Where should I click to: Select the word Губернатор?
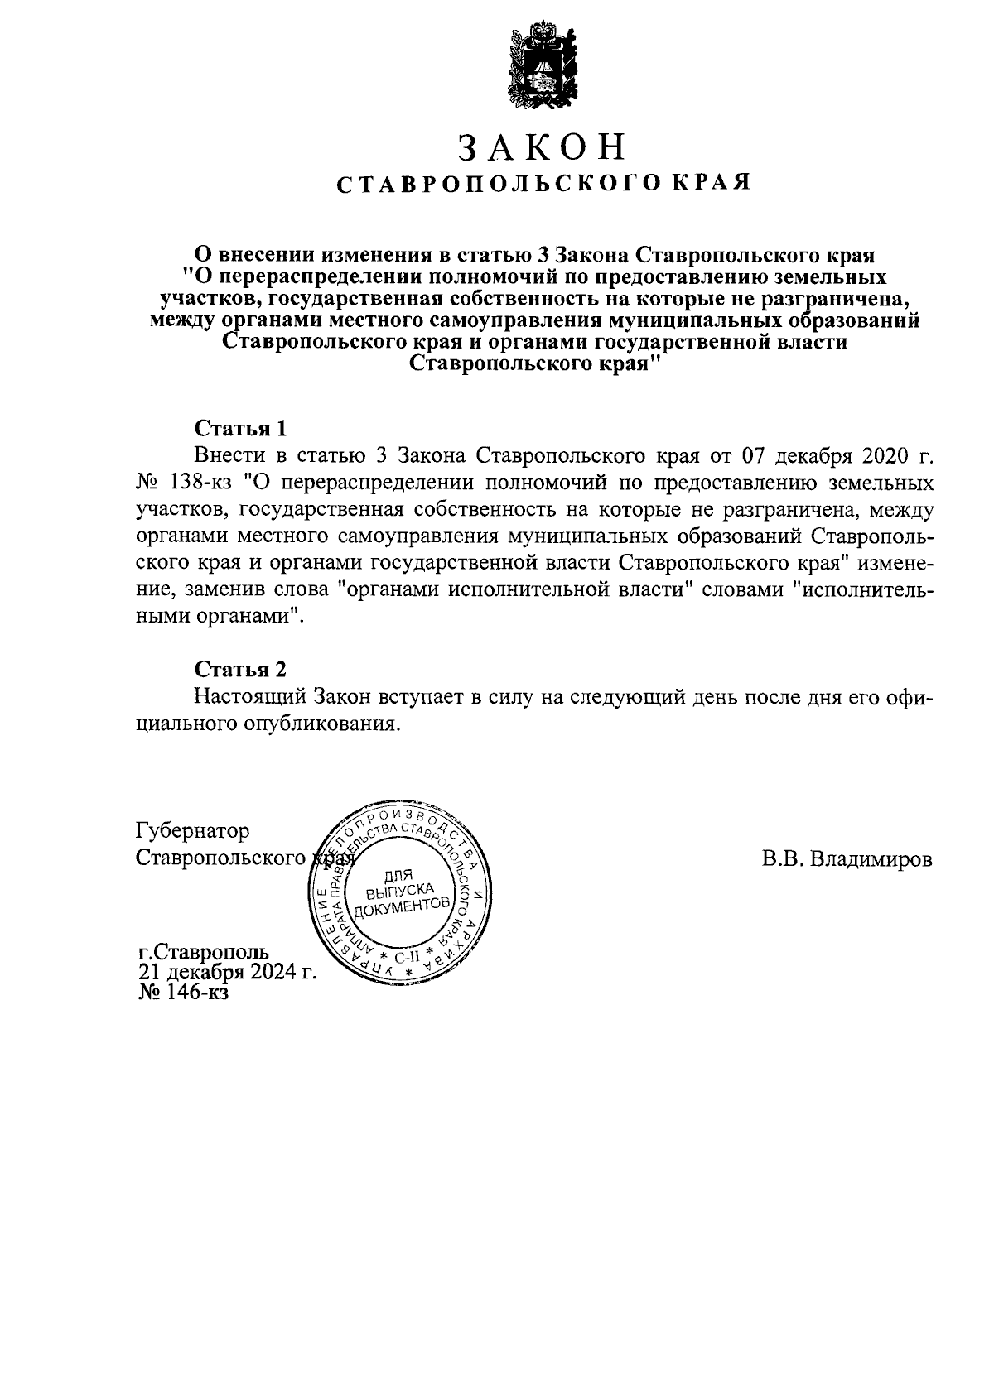192,830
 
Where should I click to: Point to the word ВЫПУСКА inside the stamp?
401,891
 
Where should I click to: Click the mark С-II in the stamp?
408,958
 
